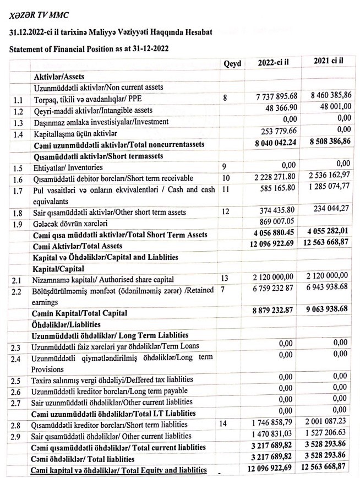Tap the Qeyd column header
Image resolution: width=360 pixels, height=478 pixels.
pos(233,64)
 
